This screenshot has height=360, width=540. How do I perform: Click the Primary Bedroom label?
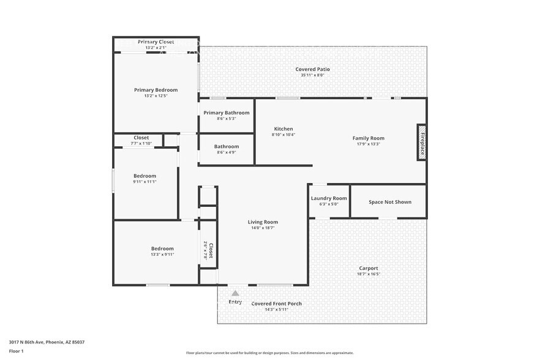pyautogui.click(x=156, y=90)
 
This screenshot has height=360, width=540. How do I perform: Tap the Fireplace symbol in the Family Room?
pyautogui.click(x=421, y=143)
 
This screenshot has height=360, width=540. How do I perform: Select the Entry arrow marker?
pyautogui.click(x=235, y=293)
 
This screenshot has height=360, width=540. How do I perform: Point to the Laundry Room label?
pyautogui.click(x=329, y=198)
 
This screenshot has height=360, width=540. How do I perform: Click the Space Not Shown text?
pyautogui.click(x=389, y=202)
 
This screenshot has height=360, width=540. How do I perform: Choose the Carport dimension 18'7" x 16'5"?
pyautogui.click(x=369, y=274)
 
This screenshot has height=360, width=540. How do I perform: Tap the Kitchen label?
pyautogui.click(x=283, y=129)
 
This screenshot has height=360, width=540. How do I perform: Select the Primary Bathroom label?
pyautogui.click(x=227, y=113)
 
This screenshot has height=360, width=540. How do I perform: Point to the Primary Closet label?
pyautogui.click(x=156, y=42)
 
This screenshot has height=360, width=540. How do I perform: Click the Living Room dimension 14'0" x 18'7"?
pyautogui.click(x=263, y=228)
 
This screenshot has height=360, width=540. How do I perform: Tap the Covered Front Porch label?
pyautogui.click(x=277, y=304)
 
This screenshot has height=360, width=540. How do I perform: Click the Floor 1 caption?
pyautogui.click(x=17, y=351)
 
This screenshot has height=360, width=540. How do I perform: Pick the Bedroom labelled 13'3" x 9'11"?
pyautogui.click(x=162, y=249)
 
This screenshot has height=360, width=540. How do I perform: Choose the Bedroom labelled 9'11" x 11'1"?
pyautogui.click(x=144, y=176)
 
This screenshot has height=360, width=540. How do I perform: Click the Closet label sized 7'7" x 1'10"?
pyautogui.click(x=141, y=138)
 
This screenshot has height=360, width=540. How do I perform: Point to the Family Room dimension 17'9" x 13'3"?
pyautogui.click(x=368, y=144)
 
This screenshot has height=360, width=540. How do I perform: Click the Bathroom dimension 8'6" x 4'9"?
pyautogui.click(x=227, y=152)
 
